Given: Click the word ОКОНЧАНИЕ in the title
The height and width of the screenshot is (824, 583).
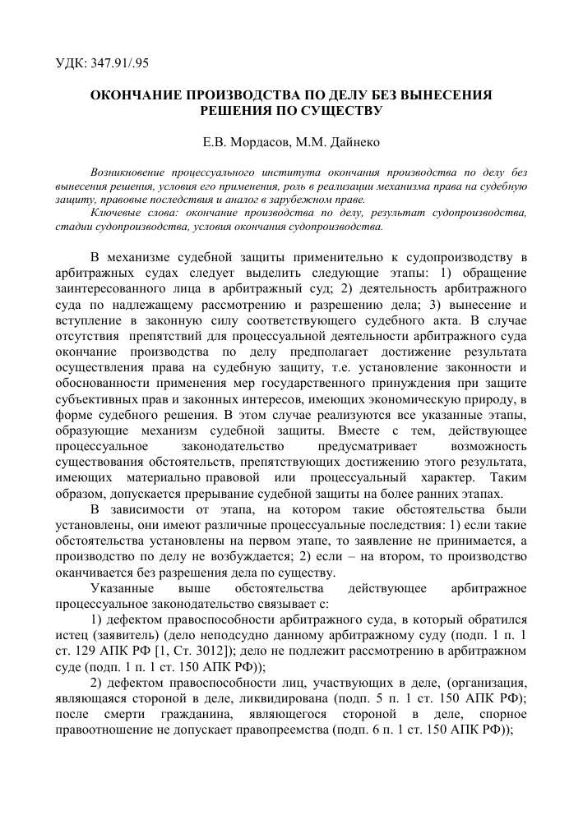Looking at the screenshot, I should [136, 95].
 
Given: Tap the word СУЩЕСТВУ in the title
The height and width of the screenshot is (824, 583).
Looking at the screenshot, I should [344, 110].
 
